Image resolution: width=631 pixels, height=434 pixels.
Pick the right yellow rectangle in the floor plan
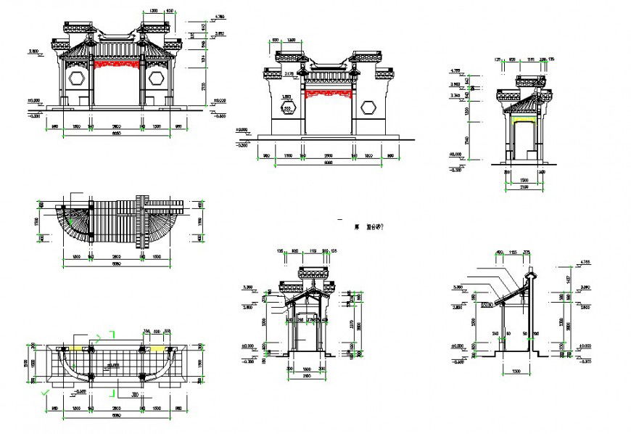coord(156,348)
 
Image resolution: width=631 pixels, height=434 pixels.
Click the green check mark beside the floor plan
coord(46,392)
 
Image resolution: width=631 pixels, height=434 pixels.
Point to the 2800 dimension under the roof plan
coord(116,256)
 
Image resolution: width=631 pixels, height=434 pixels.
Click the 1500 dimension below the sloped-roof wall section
coord(511,371)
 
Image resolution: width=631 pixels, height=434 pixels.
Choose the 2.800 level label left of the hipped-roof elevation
coord(33,52)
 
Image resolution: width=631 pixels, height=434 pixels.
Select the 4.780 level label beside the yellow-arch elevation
coord(455,70)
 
